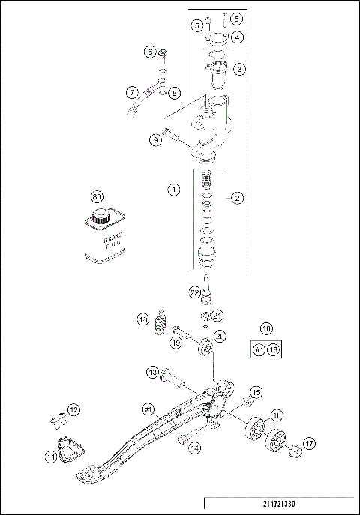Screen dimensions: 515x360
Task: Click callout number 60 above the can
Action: (x=96, y=196)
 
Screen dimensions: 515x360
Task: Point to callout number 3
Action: (x=239, y=69)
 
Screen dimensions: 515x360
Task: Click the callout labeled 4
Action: (x=236, y=36)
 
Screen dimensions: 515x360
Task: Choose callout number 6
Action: (x=150, y=52)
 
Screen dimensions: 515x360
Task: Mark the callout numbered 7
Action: (x=131, y=93)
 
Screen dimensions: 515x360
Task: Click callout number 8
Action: (x=174, y=93)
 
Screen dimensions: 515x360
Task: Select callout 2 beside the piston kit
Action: (x=237, y=198)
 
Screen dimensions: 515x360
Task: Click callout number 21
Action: (x=217, y=315)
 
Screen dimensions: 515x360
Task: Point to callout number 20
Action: (x=220, y=337)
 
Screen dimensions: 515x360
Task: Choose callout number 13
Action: (x=151, y=372)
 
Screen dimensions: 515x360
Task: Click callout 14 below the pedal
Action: (x=195, y=448)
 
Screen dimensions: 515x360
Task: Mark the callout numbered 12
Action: (x=73, y=409)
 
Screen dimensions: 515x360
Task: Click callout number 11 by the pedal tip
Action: (x=50, y=455)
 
